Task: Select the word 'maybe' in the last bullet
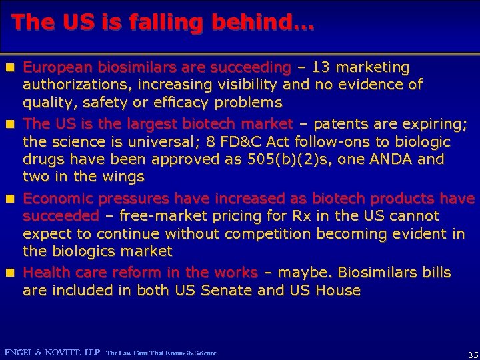[x=304, y=273]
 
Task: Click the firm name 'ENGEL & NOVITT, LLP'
[x=51, y=352]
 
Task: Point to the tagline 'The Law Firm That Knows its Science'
[x=161, y=353]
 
